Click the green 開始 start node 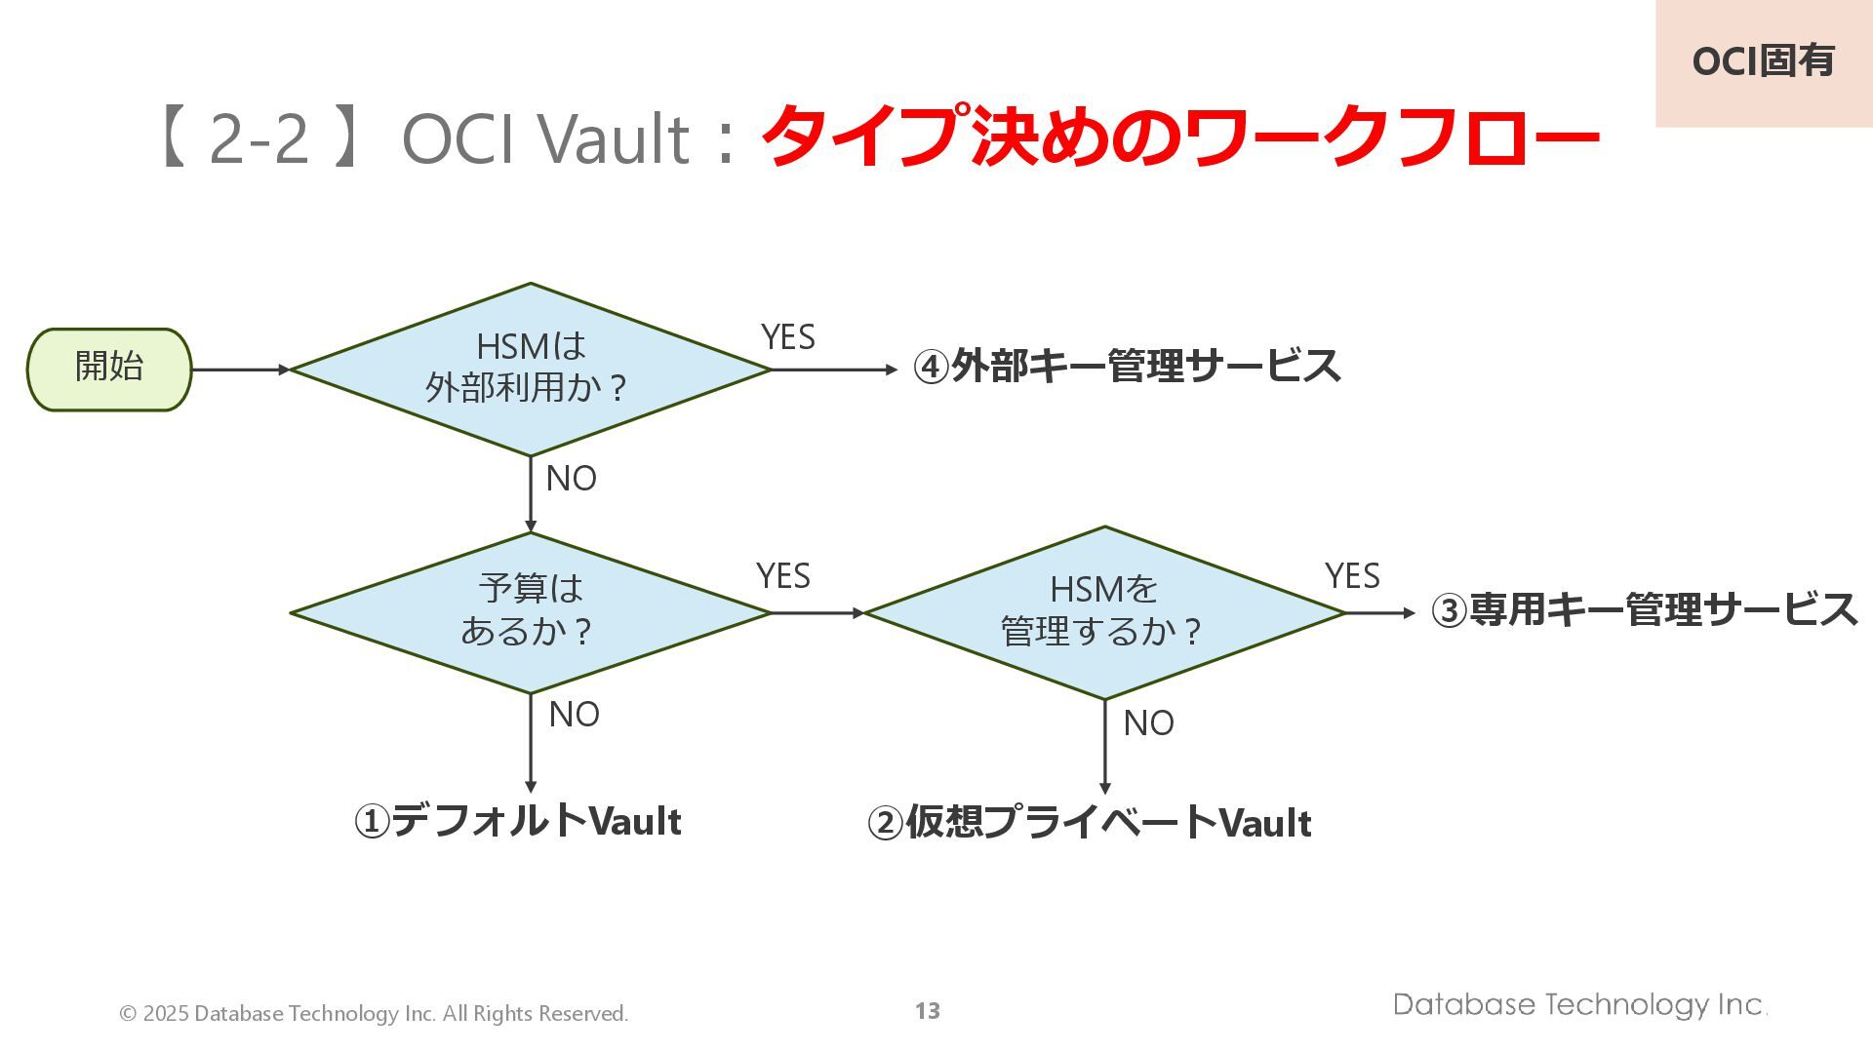[x=109, y=370]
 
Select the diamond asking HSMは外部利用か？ [x=530, y=370]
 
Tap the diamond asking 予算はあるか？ [x=530, y=612]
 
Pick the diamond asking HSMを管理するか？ [x=1104, y=612]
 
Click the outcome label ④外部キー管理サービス [x=1127, y=367]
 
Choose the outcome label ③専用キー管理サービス [x=1644, y=610]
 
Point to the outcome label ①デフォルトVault [x=517, y=821]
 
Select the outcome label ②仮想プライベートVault [x=1089, y=823]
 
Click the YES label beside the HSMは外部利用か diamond [x=787, y=337]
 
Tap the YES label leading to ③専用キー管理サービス [x=1352, y=576]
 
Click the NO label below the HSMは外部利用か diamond [x=571, y=479]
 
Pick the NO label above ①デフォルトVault [x=574, y=715]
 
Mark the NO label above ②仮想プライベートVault [x=1148, y=723]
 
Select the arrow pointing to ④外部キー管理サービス [x=834, y=370]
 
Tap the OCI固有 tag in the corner [x=1763, y=61]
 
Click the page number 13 [x=927, y=1011]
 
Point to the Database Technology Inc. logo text [x=1579, y=1005]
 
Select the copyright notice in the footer [x=374, y=1014]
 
